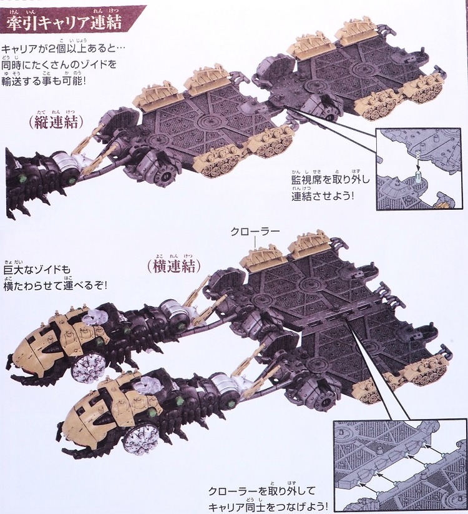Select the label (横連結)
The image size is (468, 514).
coord(173,265)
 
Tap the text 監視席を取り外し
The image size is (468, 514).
coord(331,182)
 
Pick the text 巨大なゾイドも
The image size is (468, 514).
coord(37,270)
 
